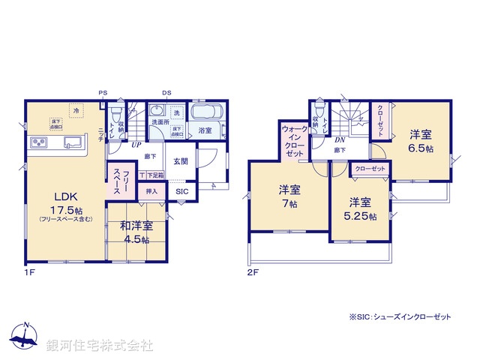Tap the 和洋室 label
[136, 225]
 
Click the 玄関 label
[181, 161]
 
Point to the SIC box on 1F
[182, 192]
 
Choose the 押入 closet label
[151, 192]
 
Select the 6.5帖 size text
[420, 149]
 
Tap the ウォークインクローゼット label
[293, 140]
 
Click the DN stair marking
[338, 140]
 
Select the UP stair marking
[137, 145]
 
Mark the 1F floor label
[29, 271]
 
